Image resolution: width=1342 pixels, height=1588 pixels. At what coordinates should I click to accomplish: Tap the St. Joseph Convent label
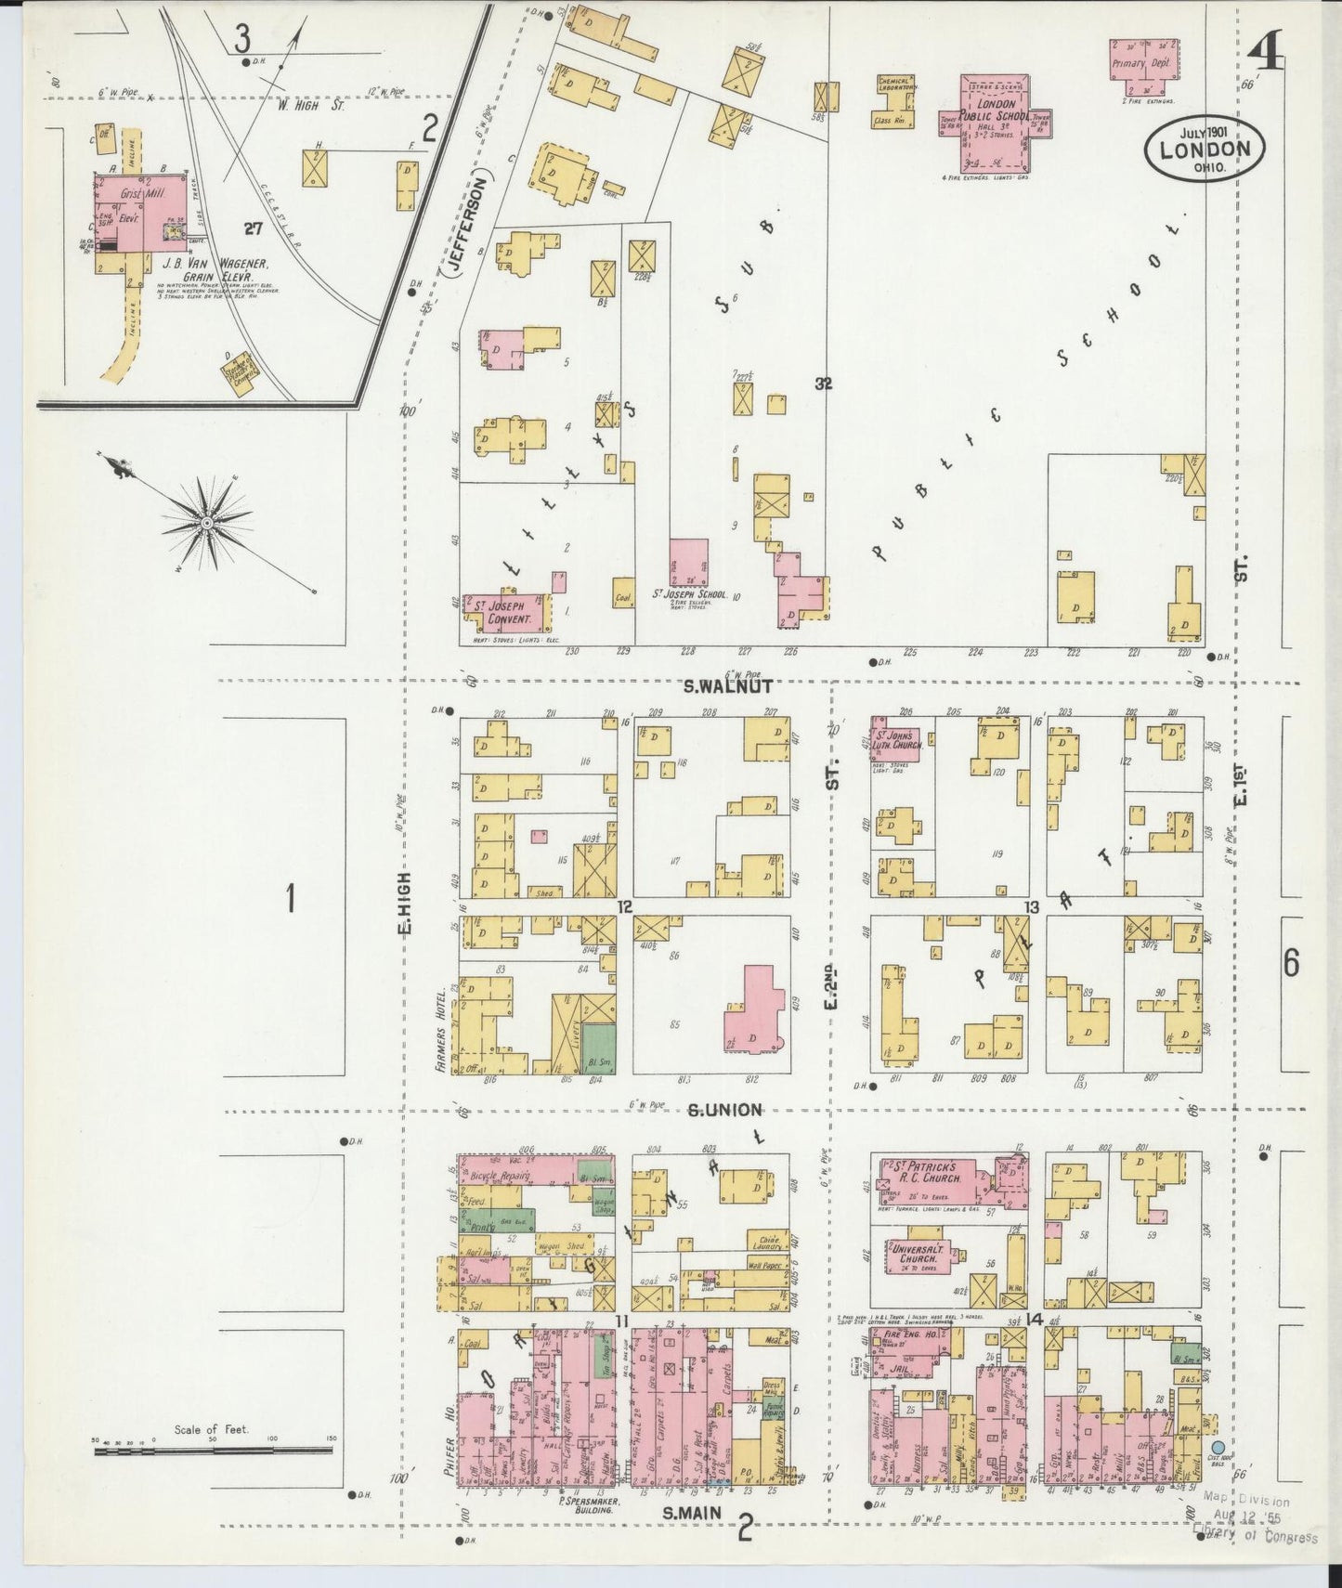502,612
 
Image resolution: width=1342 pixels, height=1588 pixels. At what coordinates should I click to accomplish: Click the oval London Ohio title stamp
1205,150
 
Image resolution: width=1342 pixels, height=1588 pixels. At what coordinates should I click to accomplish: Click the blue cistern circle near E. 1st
1218,1474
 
